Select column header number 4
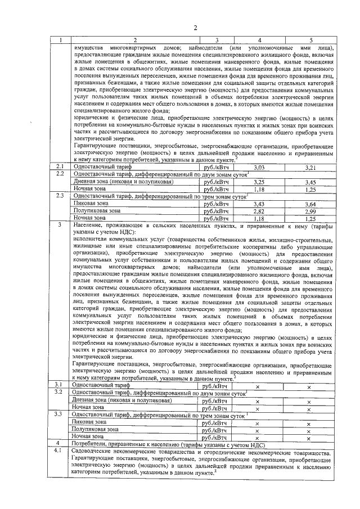[259, 40]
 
